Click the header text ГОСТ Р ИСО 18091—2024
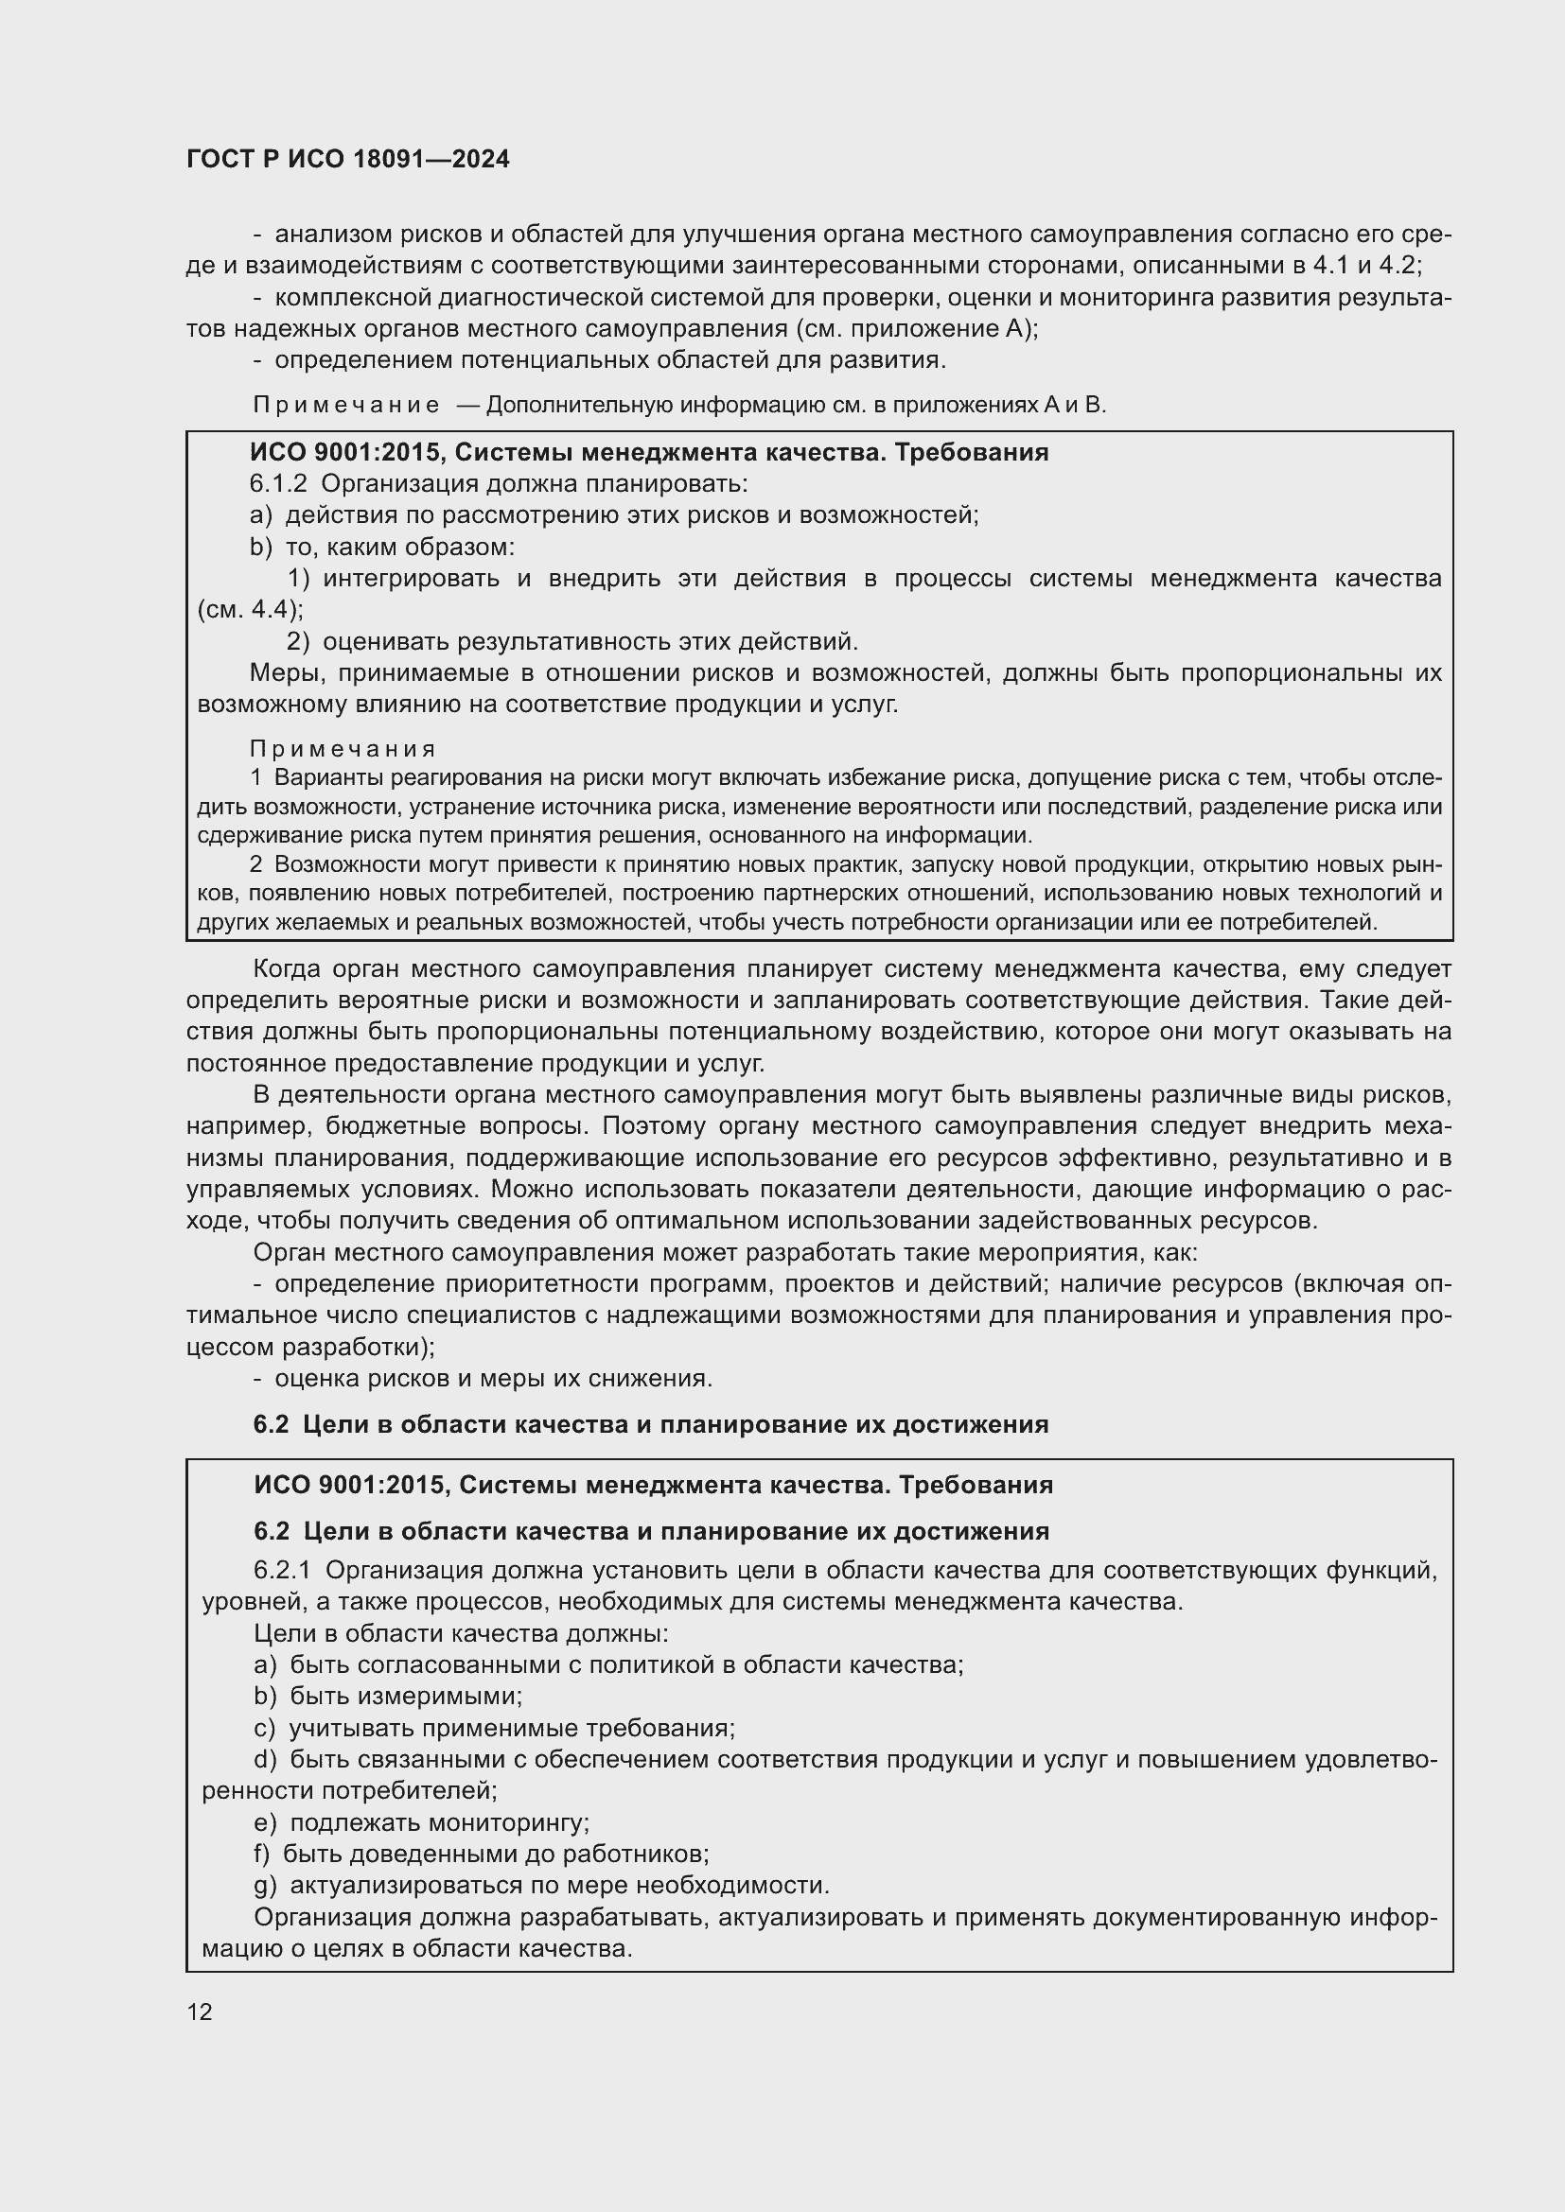[x=348, y=160]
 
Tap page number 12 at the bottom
[x=200, y=2011]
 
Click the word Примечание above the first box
[x=346, y=405]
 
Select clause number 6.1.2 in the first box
[x=278, y=483]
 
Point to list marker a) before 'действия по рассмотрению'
[x=261, y=515]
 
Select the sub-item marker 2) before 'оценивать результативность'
[x=298, y=641]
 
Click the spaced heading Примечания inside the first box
[x=343, y=749]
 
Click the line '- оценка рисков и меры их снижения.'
[x=483, y=1379]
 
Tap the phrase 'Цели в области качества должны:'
[x=461, y=1634]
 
